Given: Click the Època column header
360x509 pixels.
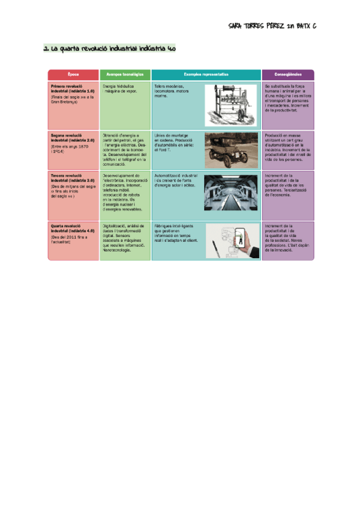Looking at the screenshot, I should click(x=73, y=74).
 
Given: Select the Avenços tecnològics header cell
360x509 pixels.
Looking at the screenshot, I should click(x=125, y=74).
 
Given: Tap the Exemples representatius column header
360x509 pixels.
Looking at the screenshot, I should click(x=206, y=74).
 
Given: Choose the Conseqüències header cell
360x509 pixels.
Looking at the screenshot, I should click(x=288, y=74).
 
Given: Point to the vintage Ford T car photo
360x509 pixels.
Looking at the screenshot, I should click(x=231, y=150).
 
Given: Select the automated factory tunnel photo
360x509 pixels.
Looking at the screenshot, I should click(x=231, y=192).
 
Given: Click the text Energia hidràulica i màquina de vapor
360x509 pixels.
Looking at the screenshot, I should click(x=122, y=89).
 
